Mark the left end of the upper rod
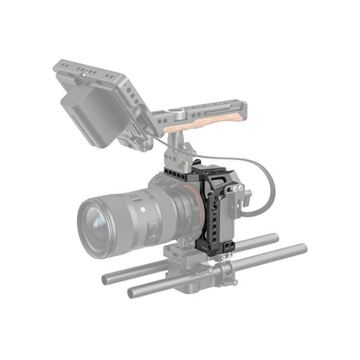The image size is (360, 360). tap(106, 279)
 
